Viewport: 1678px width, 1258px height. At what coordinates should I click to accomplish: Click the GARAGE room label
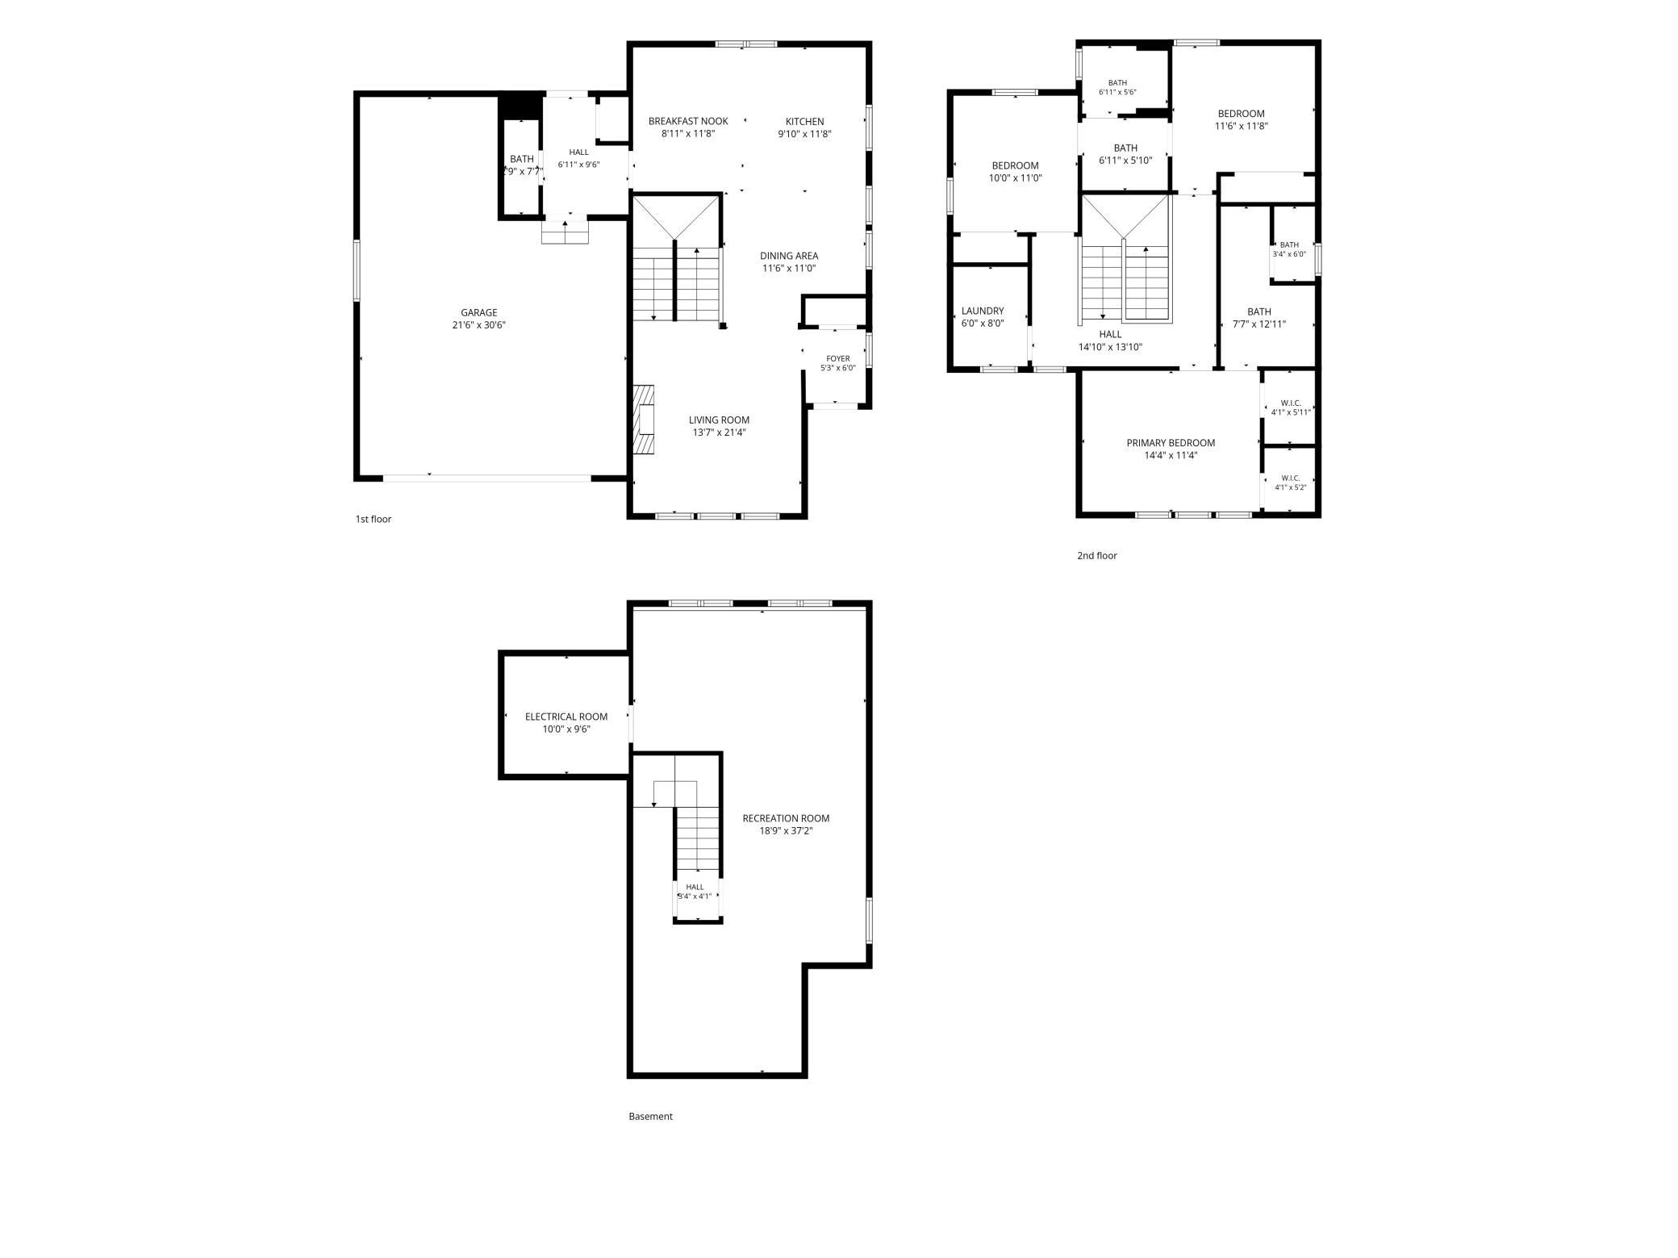coord(479,313)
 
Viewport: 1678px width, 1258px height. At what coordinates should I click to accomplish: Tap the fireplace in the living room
coord(643,420)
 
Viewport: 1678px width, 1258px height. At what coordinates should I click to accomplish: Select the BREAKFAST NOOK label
coord(688,121)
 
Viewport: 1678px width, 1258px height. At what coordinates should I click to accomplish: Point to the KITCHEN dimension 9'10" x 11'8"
coord(804,134)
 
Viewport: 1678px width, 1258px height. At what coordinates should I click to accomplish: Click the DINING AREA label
coord(789,256)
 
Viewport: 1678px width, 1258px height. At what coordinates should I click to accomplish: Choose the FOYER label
coord(838,358)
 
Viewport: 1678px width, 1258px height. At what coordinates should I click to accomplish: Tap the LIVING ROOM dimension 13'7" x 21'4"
coord(719,433)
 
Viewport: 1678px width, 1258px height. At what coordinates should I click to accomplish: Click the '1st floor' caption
coord(374,519)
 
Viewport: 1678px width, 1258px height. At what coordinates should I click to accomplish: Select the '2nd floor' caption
coord(1097,555)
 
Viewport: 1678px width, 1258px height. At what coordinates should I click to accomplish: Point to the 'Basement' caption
coord(650,1117)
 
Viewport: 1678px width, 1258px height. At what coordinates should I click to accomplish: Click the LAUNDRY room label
coord(983,311)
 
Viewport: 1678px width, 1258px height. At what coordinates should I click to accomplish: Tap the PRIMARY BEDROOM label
coord(1171,443)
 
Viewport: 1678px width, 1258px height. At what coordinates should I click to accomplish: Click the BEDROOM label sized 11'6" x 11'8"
coord(1241,114)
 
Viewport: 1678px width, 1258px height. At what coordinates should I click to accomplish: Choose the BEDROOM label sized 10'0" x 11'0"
coord(1015,165)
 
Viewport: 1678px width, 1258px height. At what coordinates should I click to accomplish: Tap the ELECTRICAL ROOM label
coord(566,717)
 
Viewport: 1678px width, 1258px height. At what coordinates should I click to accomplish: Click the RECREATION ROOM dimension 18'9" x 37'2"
coord(786,831)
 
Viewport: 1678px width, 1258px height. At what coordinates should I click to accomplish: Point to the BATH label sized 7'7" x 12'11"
coord(1258,311)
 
